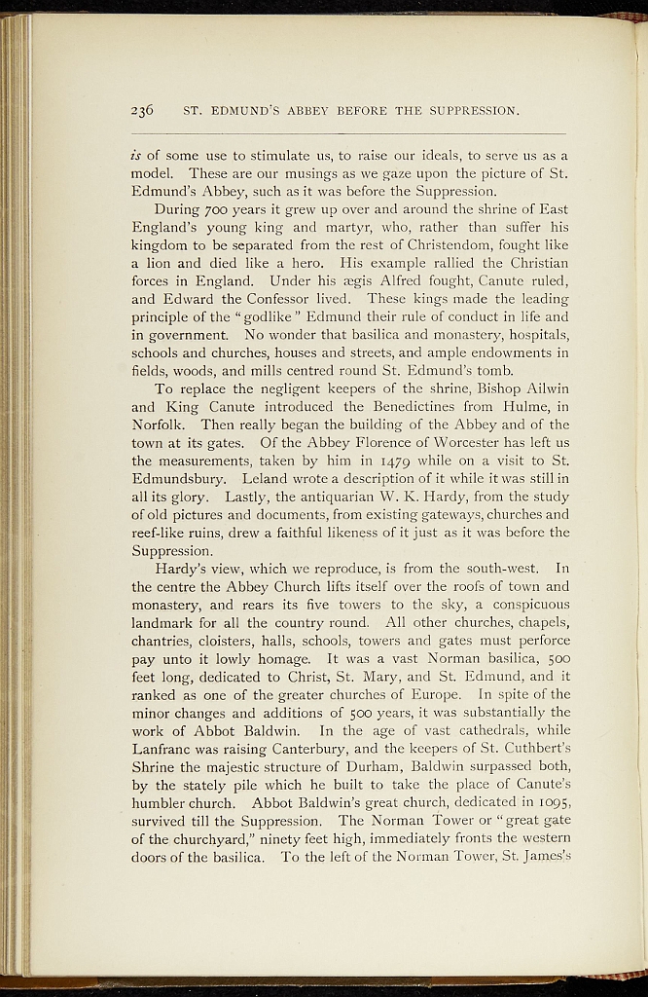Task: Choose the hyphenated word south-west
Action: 494,568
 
